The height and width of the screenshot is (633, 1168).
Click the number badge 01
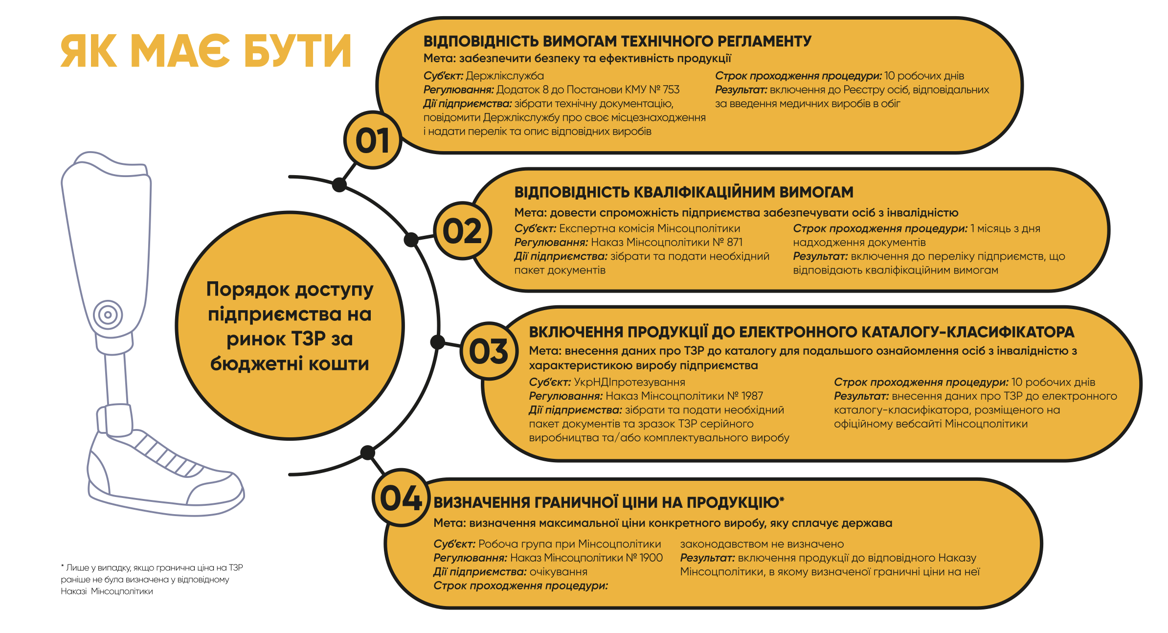pos(373,140)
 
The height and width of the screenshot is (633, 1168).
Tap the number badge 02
pos(462,231)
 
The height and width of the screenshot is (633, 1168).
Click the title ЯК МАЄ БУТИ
pos(206,51)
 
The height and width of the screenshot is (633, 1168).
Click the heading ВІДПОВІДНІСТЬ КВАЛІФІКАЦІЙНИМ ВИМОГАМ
pos(684,192)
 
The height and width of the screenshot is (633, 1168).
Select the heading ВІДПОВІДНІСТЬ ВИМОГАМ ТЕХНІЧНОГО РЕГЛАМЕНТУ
pos(617,41)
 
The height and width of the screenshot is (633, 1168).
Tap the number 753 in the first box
pos(671,90)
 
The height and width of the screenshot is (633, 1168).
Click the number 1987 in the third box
pos(752,396)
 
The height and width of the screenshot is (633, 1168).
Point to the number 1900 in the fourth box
pos(651,558)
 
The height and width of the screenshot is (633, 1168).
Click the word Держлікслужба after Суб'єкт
pos(505,76)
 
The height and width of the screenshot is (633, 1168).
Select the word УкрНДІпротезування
pos(629,382)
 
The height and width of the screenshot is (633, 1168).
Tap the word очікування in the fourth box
pos(559,572)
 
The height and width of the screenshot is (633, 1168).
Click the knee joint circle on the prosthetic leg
pos(108,315)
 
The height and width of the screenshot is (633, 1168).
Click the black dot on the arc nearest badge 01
pos(339,185)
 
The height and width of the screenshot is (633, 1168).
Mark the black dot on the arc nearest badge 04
pos(367,452)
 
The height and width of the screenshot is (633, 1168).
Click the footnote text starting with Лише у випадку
pos(152,580)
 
